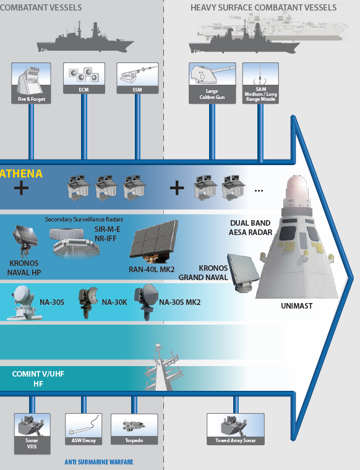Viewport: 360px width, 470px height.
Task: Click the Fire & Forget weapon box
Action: (x=31, y=83)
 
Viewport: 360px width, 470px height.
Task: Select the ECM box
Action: (x=84, y=79)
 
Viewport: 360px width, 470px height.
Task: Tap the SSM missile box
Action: (x=137, y=79)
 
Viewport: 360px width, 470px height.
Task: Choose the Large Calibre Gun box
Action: (x=212, y=83)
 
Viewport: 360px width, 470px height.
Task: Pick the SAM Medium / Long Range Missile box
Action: (x=260, y=83)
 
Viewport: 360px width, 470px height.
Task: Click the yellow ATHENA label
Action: (x=21, y=174)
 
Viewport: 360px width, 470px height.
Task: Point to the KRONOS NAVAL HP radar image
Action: (x=25, y=242)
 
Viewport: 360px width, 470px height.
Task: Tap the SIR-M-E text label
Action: (x=107, y=229)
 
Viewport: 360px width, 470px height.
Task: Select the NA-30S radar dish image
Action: (x=24, y=303)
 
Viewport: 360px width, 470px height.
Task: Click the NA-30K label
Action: (x=114, y=302)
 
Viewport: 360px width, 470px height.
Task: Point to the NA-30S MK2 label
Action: (x=179, y=302)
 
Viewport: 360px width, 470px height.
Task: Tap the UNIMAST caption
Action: (x=297, y=306)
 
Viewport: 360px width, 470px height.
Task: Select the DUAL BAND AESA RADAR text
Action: (x=251, y=228)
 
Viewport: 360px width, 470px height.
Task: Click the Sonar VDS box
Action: (x=32, y=434)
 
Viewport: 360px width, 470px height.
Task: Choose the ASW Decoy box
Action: (x=84, y=429)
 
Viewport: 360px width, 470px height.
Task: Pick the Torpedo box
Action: (x=134, y=429)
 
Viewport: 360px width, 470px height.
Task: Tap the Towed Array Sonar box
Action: (x=236, y=429)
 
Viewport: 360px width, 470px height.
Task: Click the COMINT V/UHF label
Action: (x=38, y=374)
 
